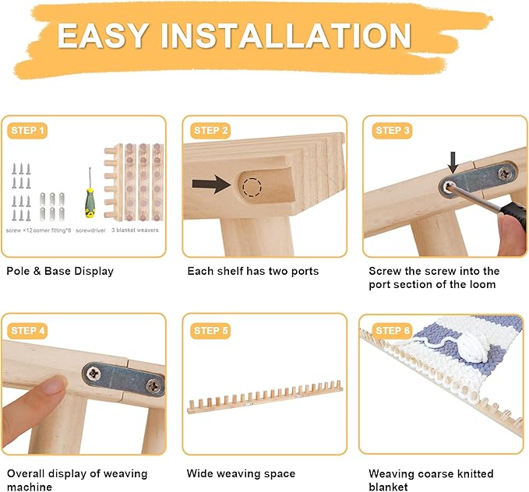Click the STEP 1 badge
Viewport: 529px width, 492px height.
coord(27,131)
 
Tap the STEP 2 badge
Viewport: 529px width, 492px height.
coord(210,131)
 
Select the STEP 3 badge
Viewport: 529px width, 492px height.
coord(393,131)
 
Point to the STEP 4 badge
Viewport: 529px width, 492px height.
coord(27,331)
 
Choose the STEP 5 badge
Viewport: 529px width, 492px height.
coord(210,331)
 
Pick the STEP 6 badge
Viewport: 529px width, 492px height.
coord(393,331)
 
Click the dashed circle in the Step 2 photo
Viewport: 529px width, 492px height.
coord(252,187)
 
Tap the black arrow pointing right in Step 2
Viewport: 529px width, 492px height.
coord(211,184)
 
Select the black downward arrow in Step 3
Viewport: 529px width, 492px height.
coord(453,163)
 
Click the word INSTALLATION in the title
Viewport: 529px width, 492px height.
coord(286,36)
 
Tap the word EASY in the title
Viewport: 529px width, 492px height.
coord(103,36)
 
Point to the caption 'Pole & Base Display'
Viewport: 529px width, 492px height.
coord(60,271)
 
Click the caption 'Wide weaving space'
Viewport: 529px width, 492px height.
coord(241,473)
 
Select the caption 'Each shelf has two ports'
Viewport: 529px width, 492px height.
coord(253,271)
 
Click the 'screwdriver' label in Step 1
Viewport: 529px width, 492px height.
coord(90,230)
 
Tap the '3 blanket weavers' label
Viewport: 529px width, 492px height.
coord(135,230)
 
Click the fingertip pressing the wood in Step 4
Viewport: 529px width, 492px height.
coord(54,385)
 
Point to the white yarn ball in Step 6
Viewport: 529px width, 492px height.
coord(472,348)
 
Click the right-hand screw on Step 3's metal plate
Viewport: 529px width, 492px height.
coord(505,174)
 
